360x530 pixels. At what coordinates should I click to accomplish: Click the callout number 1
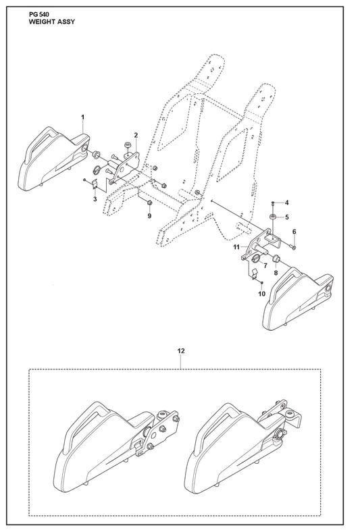pos(83,117)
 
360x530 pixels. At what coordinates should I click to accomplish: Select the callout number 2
pos(136,135)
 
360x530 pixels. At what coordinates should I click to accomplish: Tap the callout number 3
pos(95,199)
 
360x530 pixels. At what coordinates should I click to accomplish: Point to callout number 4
pos(286,203)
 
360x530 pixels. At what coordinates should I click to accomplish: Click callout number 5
pos(286,217)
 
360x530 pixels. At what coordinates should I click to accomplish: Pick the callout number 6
pos(294,232)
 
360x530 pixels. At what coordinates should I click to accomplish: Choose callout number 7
pos(265,266)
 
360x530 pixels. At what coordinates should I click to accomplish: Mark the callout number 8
pos(276,273)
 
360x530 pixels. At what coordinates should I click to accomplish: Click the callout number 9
pos(149,216)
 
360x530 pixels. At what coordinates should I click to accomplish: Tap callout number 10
pos(262,294)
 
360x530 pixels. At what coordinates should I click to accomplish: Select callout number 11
pos(236,247)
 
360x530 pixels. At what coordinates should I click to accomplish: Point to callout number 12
pos(181,351)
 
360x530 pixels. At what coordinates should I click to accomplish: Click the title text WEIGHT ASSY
pos(52,22)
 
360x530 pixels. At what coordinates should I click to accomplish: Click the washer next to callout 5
pos(273,216)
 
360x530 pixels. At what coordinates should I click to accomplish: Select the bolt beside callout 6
pos(292,246)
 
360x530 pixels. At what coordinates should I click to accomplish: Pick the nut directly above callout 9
pos(149,203)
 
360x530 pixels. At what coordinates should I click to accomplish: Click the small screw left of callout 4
pos(273,203)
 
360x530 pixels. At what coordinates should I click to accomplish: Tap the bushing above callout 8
pos(276,259)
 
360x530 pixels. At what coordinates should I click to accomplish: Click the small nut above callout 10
pos(262,283)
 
